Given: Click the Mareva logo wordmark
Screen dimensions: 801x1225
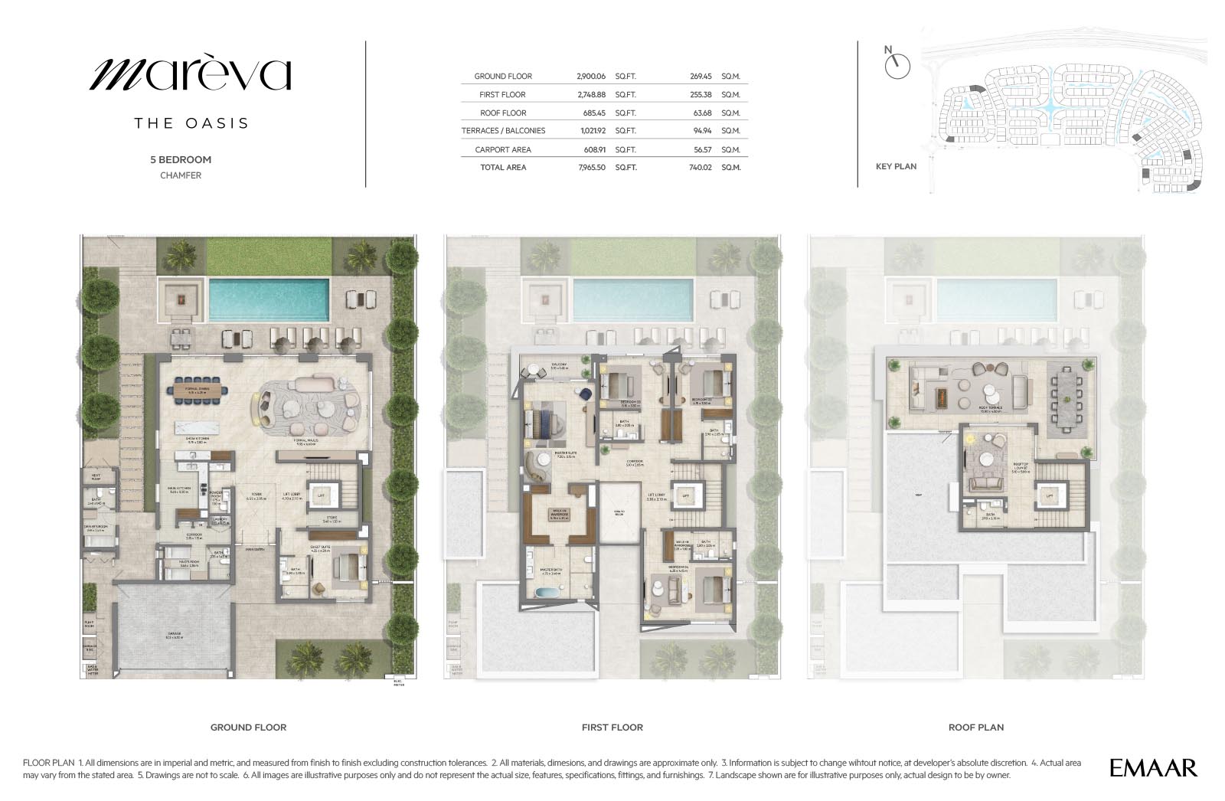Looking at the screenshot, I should click(191, 74).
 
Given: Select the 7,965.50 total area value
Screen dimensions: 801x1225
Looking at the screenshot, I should click(591, 167).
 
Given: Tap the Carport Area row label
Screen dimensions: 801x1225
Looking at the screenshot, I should click(503, 150).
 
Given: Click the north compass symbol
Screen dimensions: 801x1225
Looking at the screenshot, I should click(896, 66).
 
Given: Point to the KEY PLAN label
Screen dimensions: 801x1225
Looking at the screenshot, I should click(896, 166).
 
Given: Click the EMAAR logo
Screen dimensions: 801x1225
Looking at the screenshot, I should click(1153, 767).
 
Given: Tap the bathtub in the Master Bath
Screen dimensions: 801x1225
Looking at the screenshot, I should click(547, 592).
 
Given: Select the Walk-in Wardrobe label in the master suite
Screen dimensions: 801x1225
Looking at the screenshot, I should click(560, 515).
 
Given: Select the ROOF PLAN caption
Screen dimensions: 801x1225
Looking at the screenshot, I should click(975, 727).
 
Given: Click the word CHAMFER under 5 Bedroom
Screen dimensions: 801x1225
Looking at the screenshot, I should click(181, 175).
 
